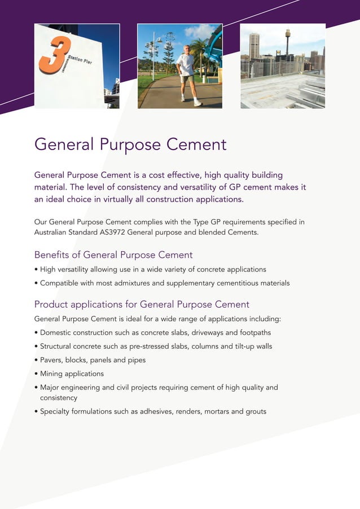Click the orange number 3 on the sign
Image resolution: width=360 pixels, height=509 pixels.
click(x=55, y=56)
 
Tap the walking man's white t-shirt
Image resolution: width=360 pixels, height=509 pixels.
click(x=186, y=64)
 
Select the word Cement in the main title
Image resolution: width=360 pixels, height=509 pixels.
click(x=196, y=144)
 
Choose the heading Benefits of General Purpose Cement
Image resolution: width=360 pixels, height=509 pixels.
click(x=113, y=254)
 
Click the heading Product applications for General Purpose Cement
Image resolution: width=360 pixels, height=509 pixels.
click(x=142, y=305)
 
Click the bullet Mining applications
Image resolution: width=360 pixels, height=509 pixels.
click(x=72, y=374)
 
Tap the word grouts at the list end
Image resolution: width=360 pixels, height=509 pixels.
click(x=256, y=411)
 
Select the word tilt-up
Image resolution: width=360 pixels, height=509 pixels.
click(x=242, y=346)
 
